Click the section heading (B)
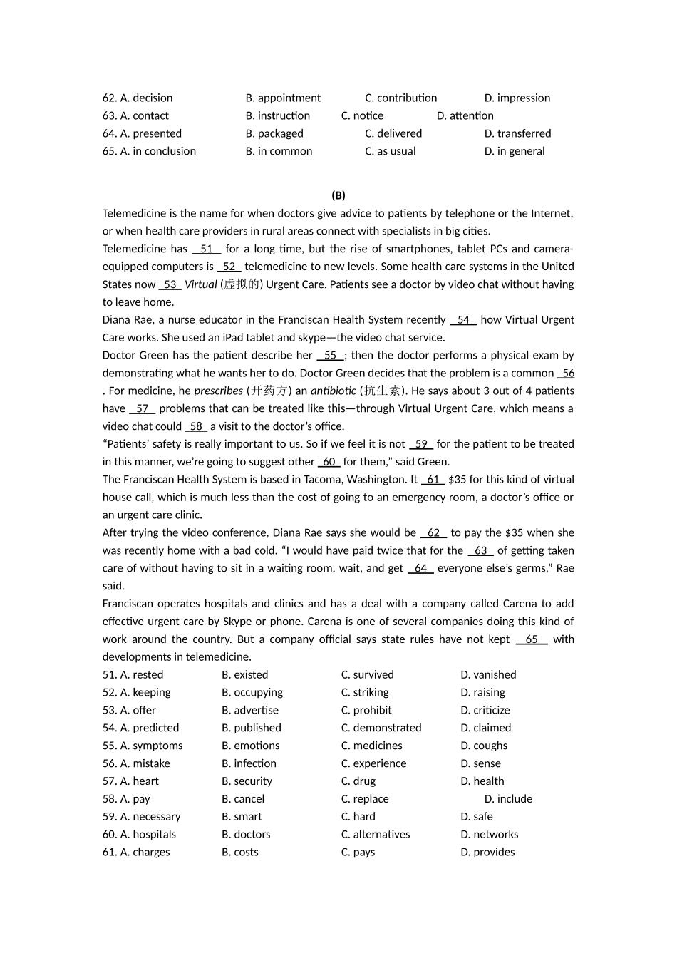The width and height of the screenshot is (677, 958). pyautogui.click(x=338, y=195)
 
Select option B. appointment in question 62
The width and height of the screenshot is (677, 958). pyautogui.click(x=283, y=98)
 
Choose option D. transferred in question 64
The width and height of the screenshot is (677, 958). pyautogui.click(x=517, y=133)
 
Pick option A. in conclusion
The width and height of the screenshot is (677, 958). pyautogui.click(x=149, y=151)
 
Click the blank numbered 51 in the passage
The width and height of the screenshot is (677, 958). pyautogui.click(x=207, y=249)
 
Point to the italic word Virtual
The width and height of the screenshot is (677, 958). pyautogui.click(x=201, y=284)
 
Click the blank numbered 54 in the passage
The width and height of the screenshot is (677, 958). pyautogui.click(x=463, y=319)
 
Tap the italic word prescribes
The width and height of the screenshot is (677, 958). pyautogui.click(x=219, y=391)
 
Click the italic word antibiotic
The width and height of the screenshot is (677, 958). pyautogui.click(x=333, y=391)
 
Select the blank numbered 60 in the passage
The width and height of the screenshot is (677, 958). pyautogui.click(x=329, y=462)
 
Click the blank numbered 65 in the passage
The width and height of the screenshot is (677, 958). pyautogui.click(x=532, y=639)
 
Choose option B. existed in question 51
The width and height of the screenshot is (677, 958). pyautogui.click(x=244, y=674)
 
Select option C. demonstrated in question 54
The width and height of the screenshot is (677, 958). pyautogui.click(x=381, y=728)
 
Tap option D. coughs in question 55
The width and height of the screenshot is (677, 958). pyautogui.click(x=484, y=746)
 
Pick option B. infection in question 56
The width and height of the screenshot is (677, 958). pyautogui.click(x=249, y=763)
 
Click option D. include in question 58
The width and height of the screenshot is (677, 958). pyautogui.click(x=508, y=799)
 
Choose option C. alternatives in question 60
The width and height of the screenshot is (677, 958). pyautogui.click(x=376, y=834)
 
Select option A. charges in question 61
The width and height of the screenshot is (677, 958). pyautogui.click(x=136, y=852)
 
